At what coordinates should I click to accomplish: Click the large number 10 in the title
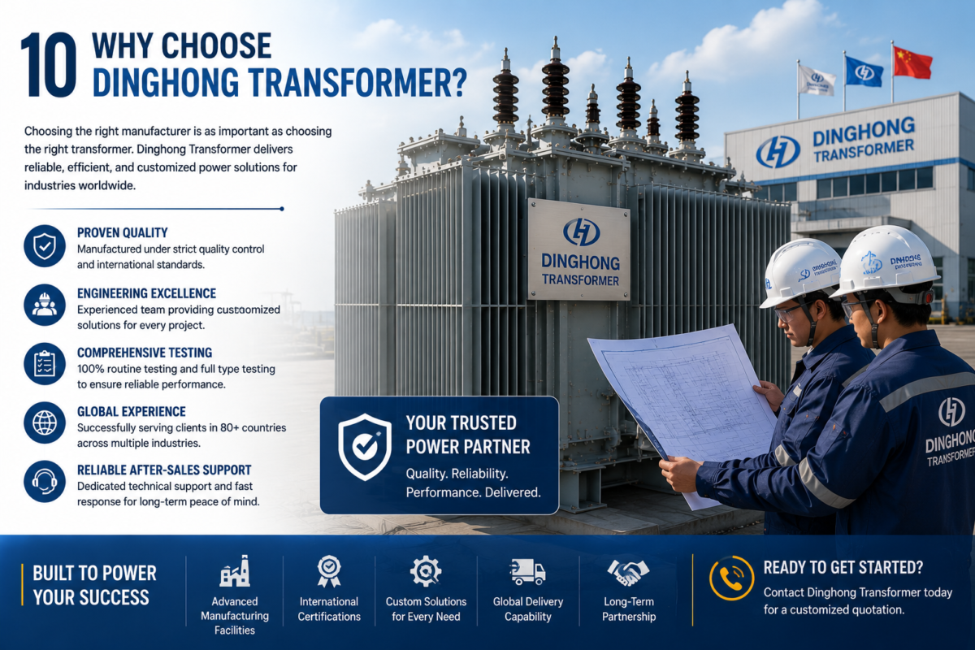tap(49, 64)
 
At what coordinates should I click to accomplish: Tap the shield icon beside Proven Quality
tap(45, 246)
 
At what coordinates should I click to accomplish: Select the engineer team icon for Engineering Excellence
tap(45, 305)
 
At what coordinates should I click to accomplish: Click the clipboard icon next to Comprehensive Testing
tap(45, 364)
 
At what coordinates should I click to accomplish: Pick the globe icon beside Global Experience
tap(45, 422)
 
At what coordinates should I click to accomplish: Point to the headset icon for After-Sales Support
tap(45, 482)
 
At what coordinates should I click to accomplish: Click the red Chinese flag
tap(912, 63)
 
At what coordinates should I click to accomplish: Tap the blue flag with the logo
tap(864, 71)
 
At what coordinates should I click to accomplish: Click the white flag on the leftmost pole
tap(817, 80)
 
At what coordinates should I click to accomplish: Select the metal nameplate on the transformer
tap(578, 249)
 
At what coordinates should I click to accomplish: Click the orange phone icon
tap(731, 578)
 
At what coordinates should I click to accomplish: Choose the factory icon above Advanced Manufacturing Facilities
tap(235, 571)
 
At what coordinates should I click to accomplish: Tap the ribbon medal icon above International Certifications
tap(329, 571)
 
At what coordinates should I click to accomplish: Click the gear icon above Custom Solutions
tap(426, 571)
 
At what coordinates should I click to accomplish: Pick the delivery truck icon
tap(527, 572)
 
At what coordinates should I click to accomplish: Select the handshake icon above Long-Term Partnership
tap(628, 573)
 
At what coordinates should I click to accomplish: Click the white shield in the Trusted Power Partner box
tap(365, 447)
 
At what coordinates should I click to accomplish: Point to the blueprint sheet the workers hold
tap(683, 401)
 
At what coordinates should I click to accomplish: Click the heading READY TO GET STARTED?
tap(843, 568)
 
